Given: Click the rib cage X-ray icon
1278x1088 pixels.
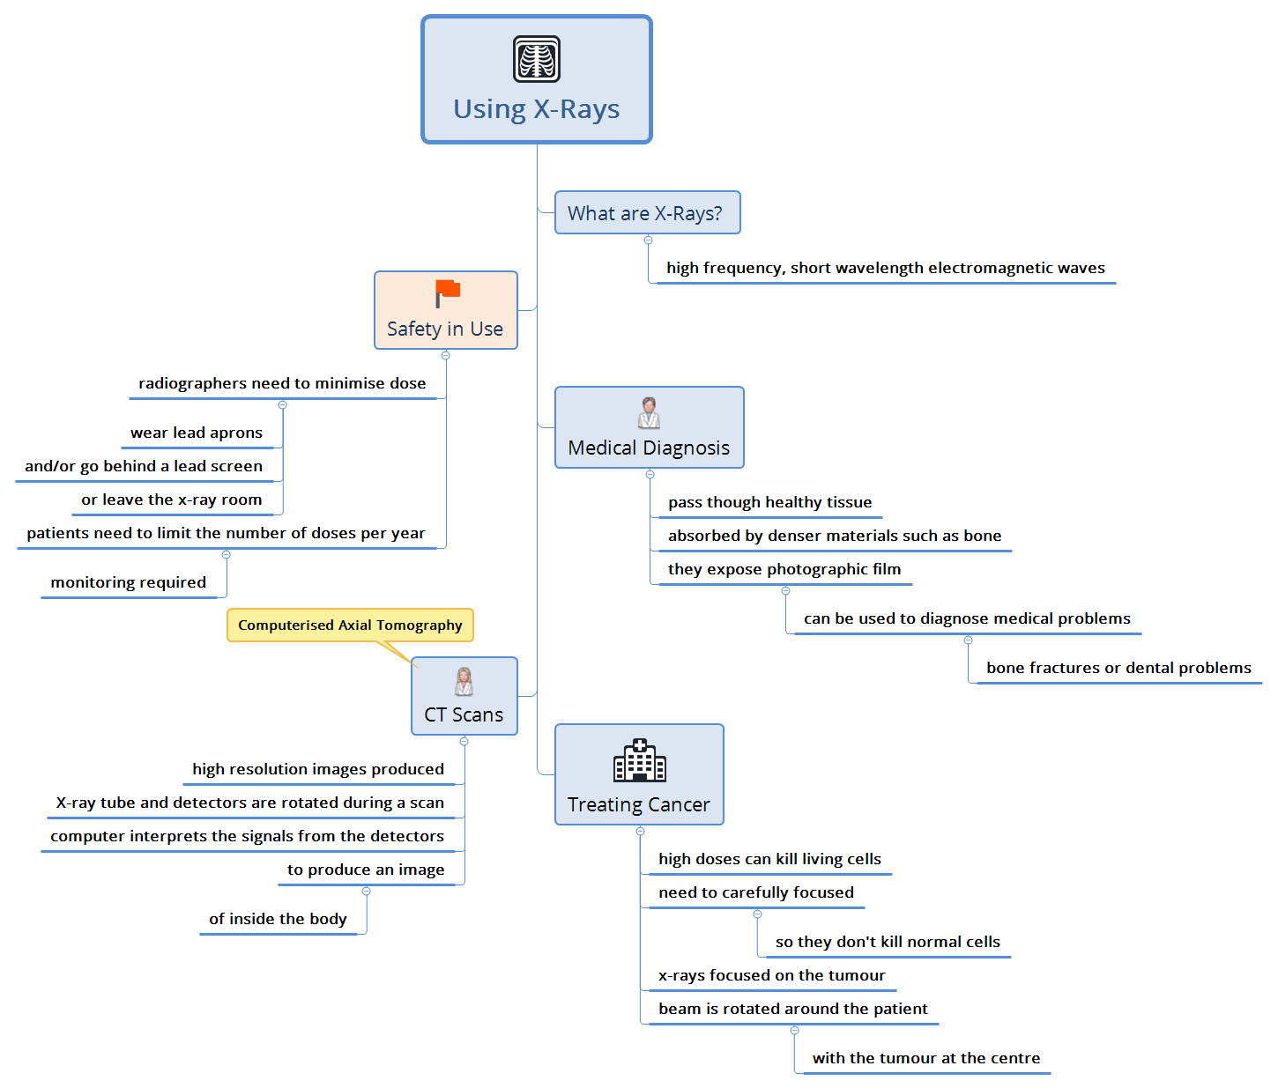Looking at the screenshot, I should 537,59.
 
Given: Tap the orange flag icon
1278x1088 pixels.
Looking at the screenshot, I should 448,292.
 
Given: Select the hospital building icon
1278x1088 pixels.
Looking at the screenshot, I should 639,760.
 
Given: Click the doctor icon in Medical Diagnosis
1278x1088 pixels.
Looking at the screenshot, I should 649,412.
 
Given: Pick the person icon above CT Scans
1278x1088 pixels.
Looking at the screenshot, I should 464,681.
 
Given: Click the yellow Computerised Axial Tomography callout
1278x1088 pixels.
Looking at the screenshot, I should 350,625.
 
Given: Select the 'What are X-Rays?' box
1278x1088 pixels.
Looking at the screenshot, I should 647,213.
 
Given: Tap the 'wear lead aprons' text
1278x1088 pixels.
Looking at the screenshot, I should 197,433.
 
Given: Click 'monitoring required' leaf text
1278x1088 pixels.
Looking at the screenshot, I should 129,582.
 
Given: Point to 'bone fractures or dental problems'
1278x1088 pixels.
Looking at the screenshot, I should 1118,668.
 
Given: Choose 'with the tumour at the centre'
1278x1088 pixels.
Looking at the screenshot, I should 926,1058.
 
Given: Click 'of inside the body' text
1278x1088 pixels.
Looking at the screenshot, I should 278,919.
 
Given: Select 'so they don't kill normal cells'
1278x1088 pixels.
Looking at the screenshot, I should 888,942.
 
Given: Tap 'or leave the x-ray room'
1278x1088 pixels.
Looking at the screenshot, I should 172,500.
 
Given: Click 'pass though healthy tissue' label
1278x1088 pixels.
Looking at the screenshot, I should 769,502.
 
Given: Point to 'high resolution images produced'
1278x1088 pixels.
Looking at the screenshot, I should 318,769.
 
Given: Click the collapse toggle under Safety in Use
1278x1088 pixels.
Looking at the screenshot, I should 446,356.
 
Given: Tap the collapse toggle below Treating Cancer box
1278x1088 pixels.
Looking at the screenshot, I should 641,832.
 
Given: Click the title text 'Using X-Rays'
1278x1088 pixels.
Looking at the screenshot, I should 537,109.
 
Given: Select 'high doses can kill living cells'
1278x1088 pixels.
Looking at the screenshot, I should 769,859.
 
